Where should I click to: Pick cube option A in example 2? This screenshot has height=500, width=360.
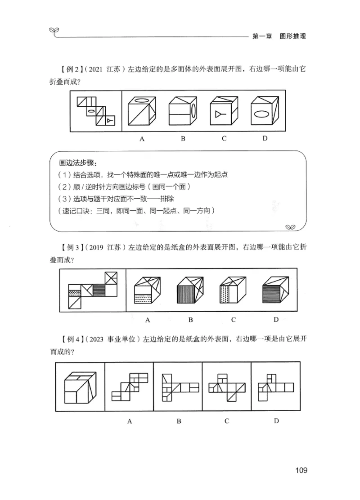point(142,111)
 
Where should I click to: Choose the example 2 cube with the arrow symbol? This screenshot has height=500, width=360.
point(224,111)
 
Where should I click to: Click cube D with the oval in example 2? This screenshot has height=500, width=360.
point(265,111)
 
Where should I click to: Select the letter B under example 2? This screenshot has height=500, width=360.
point(183,138)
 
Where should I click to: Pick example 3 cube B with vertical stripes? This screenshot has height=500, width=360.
point(191,291)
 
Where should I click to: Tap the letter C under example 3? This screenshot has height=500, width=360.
point(234,320)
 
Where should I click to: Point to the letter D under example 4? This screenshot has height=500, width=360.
point(276,421)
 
